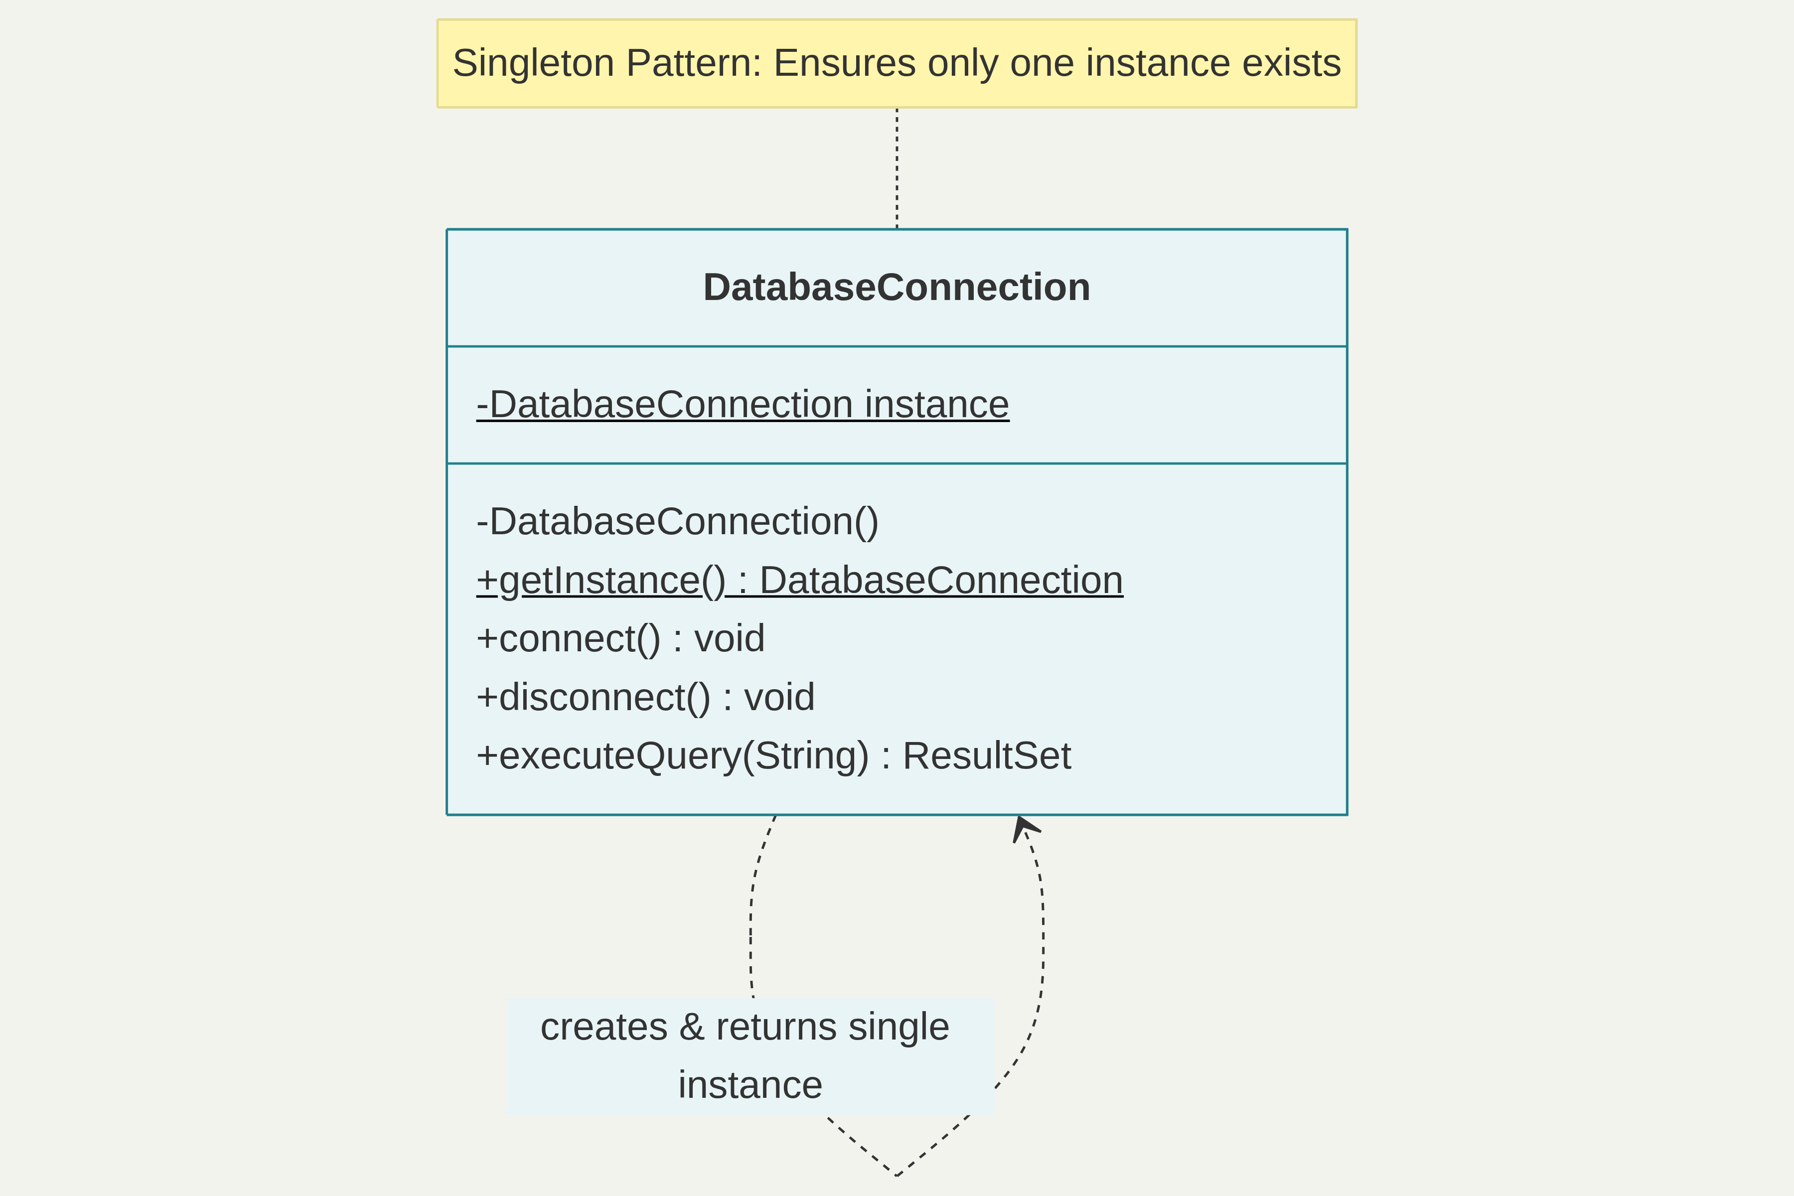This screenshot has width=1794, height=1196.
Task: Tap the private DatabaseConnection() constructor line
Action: (x=677, y=522)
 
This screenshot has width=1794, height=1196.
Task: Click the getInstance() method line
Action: (x=799, y=581)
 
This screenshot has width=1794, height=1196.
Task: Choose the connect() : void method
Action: (x=620, y=638)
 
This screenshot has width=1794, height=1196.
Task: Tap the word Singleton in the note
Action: (x=533, y=63)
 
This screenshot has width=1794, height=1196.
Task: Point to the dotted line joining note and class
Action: (x=897, y=168)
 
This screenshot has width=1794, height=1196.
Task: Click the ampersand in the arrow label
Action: (x=691, y=1027)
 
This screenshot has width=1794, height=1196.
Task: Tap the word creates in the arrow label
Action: (x=603, y=1027)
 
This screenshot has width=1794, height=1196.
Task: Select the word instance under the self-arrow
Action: (x=750, y=1085)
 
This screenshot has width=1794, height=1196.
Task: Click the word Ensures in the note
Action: (x=844, y=63)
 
